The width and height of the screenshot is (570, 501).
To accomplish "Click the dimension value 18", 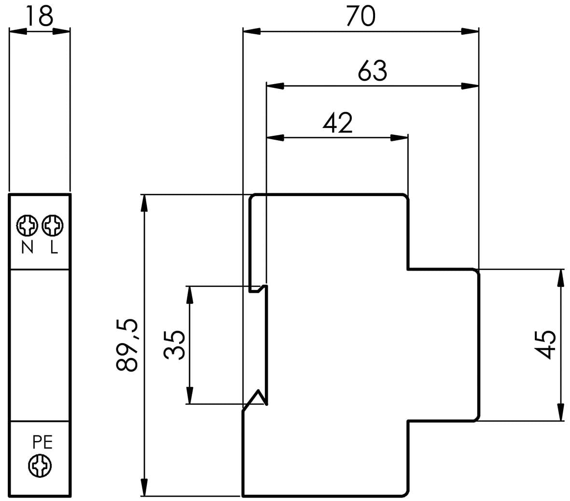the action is (40, 16).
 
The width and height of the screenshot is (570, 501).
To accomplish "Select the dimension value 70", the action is (361, 16).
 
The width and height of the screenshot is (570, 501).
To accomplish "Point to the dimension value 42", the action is (338, 123).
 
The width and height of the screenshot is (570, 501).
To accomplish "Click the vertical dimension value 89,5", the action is (127, 344).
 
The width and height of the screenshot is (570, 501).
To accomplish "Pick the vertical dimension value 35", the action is (175, 345).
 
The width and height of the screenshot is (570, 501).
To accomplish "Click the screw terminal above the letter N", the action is (27, 226).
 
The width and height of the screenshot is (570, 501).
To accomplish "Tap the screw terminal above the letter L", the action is (53, 226).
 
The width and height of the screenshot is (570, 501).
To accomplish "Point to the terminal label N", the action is (28, 248).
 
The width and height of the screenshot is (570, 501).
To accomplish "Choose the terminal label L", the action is (54, 248).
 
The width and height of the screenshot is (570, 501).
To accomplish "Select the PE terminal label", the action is (42, 442).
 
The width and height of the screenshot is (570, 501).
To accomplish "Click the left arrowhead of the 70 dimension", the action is (251, 32).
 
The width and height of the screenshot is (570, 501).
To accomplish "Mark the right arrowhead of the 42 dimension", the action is (399, 138).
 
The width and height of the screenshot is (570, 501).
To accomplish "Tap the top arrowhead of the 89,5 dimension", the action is (145, 203).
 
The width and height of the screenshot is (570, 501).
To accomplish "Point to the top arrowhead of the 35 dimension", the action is (190, 295).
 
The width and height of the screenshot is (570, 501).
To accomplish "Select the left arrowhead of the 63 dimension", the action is (275, 86).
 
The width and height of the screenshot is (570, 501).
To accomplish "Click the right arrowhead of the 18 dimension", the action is (61, 32).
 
